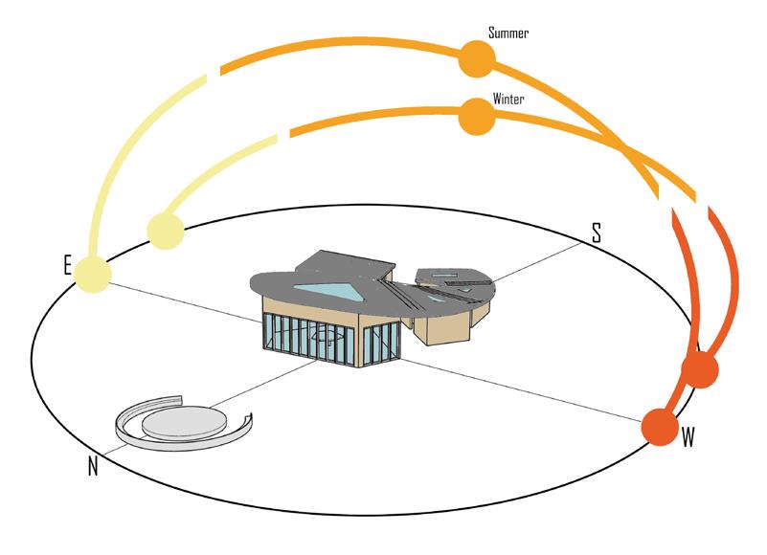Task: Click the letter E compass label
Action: point(69,266)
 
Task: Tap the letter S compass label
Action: point(596,232)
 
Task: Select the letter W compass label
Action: point(688,438)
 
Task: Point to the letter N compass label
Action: point(93,468)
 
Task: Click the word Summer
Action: point(508,33)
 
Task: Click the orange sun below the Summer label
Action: point(476,59)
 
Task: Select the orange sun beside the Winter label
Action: point(476,117)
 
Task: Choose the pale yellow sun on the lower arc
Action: point(165,231)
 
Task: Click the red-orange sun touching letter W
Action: point(659,427)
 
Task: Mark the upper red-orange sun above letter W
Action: point(699,369)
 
